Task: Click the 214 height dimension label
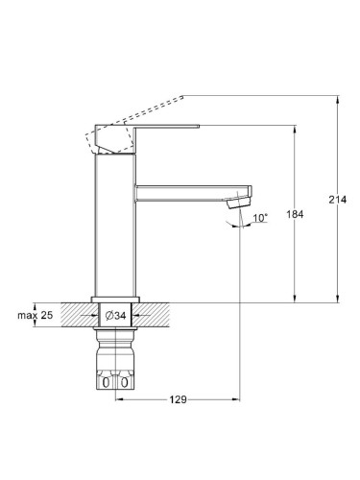click(337, 200)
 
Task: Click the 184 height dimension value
click(295, 214)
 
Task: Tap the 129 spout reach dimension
click(178, 399)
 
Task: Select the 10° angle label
click(260, 218)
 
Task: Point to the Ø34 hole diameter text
click(115, 316)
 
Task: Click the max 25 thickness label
click(36, 315)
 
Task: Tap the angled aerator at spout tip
click(238, 203)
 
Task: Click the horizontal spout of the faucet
click(193, 193)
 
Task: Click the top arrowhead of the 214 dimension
click(337, 99)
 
